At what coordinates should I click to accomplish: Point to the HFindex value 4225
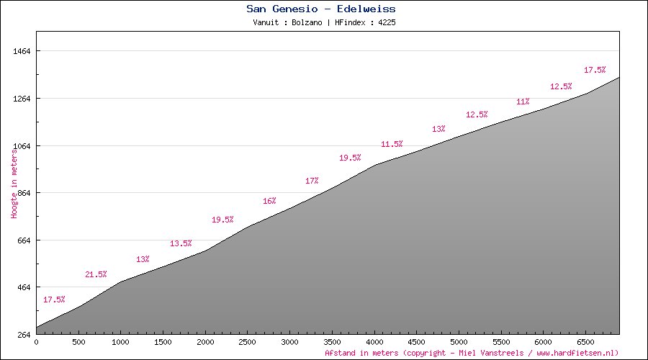coord(385,22)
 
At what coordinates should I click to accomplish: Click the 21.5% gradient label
coord(96,274)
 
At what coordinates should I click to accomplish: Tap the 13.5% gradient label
coord(181,243)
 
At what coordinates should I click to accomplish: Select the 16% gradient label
coord(269,201)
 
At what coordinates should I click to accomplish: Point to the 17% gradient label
coord(312,181)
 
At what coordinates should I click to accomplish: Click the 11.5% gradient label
coord(392,144)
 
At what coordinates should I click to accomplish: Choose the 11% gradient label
coord(523,102)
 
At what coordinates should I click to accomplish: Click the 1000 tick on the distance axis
coord(120,343)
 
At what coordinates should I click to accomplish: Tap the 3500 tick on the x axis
coord(332,343)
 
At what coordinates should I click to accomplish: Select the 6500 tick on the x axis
coord(586,343)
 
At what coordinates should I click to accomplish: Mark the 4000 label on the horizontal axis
coord(374,343)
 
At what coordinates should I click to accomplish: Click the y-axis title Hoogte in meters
coord(14,184)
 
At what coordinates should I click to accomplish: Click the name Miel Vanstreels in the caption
coord(485,353)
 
